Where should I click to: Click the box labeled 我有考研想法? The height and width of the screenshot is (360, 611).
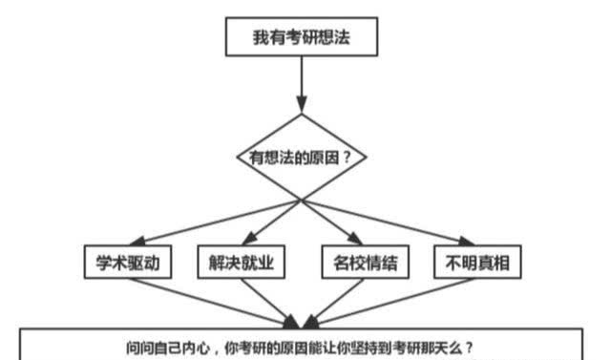302,38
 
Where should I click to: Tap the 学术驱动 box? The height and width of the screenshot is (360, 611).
127,263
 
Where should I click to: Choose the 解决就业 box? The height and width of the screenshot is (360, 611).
242,263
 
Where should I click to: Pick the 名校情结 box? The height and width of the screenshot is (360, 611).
358,263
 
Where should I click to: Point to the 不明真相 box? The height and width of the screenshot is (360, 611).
478,263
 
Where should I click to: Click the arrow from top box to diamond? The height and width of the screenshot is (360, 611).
302,86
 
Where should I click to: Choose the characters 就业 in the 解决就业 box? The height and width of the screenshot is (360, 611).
258,263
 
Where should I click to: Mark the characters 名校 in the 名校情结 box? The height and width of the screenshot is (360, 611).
344,263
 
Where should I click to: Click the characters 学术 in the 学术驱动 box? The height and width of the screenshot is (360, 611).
112,263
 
